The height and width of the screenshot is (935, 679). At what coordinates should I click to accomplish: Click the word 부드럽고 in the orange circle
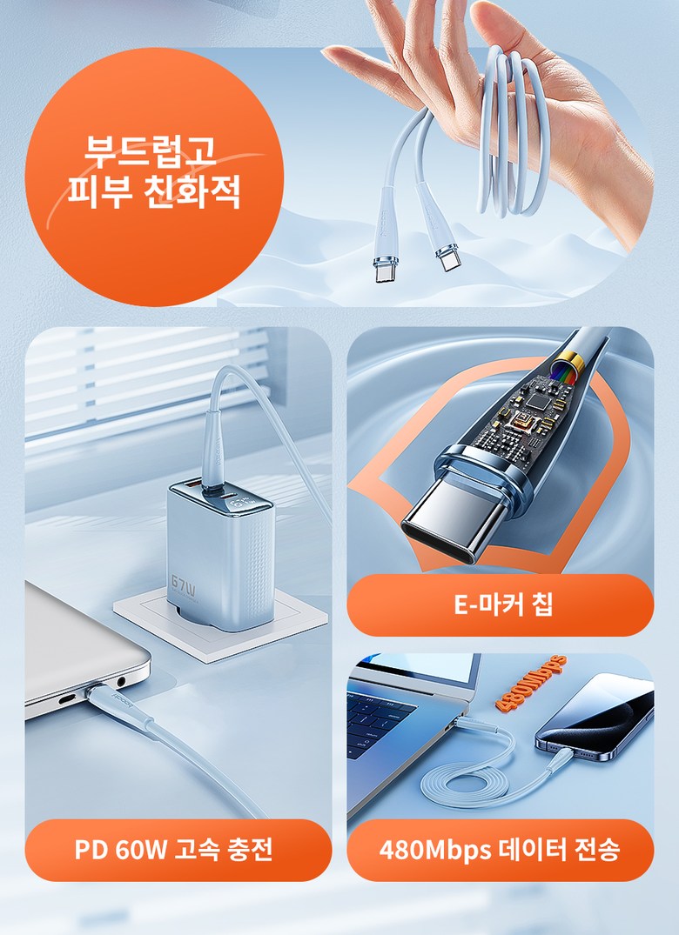click(151, 151)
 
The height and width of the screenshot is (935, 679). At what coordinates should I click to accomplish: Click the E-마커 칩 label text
click(503, 604)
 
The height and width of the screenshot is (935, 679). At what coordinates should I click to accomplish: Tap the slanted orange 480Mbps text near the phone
click(530, 683)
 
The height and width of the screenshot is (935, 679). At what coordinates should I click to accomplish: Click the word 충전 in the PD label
click(251, 849)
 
